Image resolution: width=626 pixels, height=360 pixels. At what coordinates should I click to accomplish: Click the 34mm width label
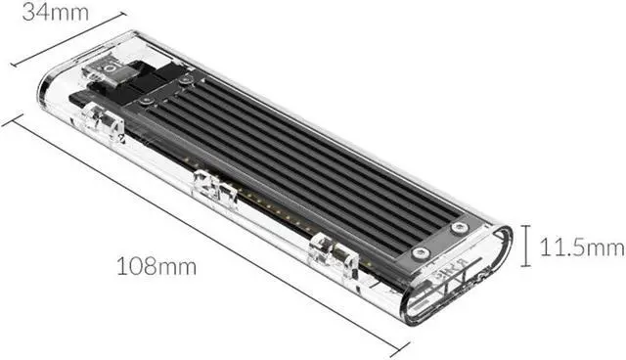55,13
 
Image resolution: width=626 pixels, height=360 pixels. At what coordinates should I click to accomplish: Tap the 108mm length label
156,266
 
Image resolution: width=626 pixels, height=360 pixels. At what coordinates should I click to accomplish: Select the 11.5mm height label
582,247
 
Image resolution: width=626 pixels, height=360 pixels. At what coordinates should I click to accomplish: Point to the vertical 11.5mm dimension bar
526,246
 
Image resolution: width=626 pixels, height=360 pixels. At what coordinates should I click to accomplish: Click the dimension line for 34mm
68,39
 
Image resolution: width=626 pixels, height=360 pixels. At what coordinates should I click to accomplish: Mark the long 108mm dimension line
205,236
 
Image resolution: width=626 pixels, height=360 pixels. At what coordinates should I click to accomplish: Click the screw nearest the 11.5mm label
459,228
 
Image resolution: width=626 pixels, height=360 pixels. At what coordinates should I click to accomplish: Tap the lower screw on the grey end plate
421,252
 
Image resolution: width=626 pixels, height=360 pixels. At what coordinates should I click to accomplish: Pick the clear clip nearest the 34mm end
103,121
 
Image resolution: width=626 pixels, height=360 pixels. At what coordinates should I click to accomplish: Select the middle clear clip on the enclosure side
214,190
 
